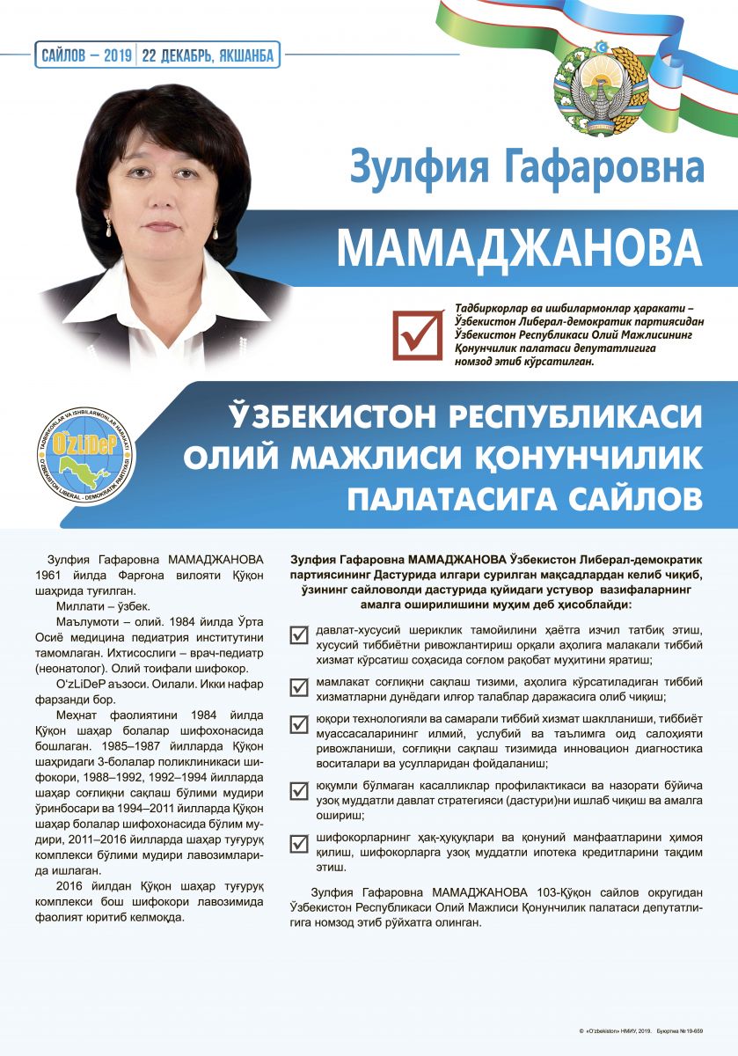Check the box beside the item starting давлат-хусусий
(299, 633)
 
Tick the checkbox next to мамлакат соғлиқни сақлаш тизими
(299, 685)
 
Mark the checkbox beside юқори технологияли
(299, 723)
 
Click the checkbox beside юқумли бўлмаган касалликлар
(299, 789)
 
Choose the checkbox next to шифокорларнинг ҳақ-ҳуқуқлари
(299, 841)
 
